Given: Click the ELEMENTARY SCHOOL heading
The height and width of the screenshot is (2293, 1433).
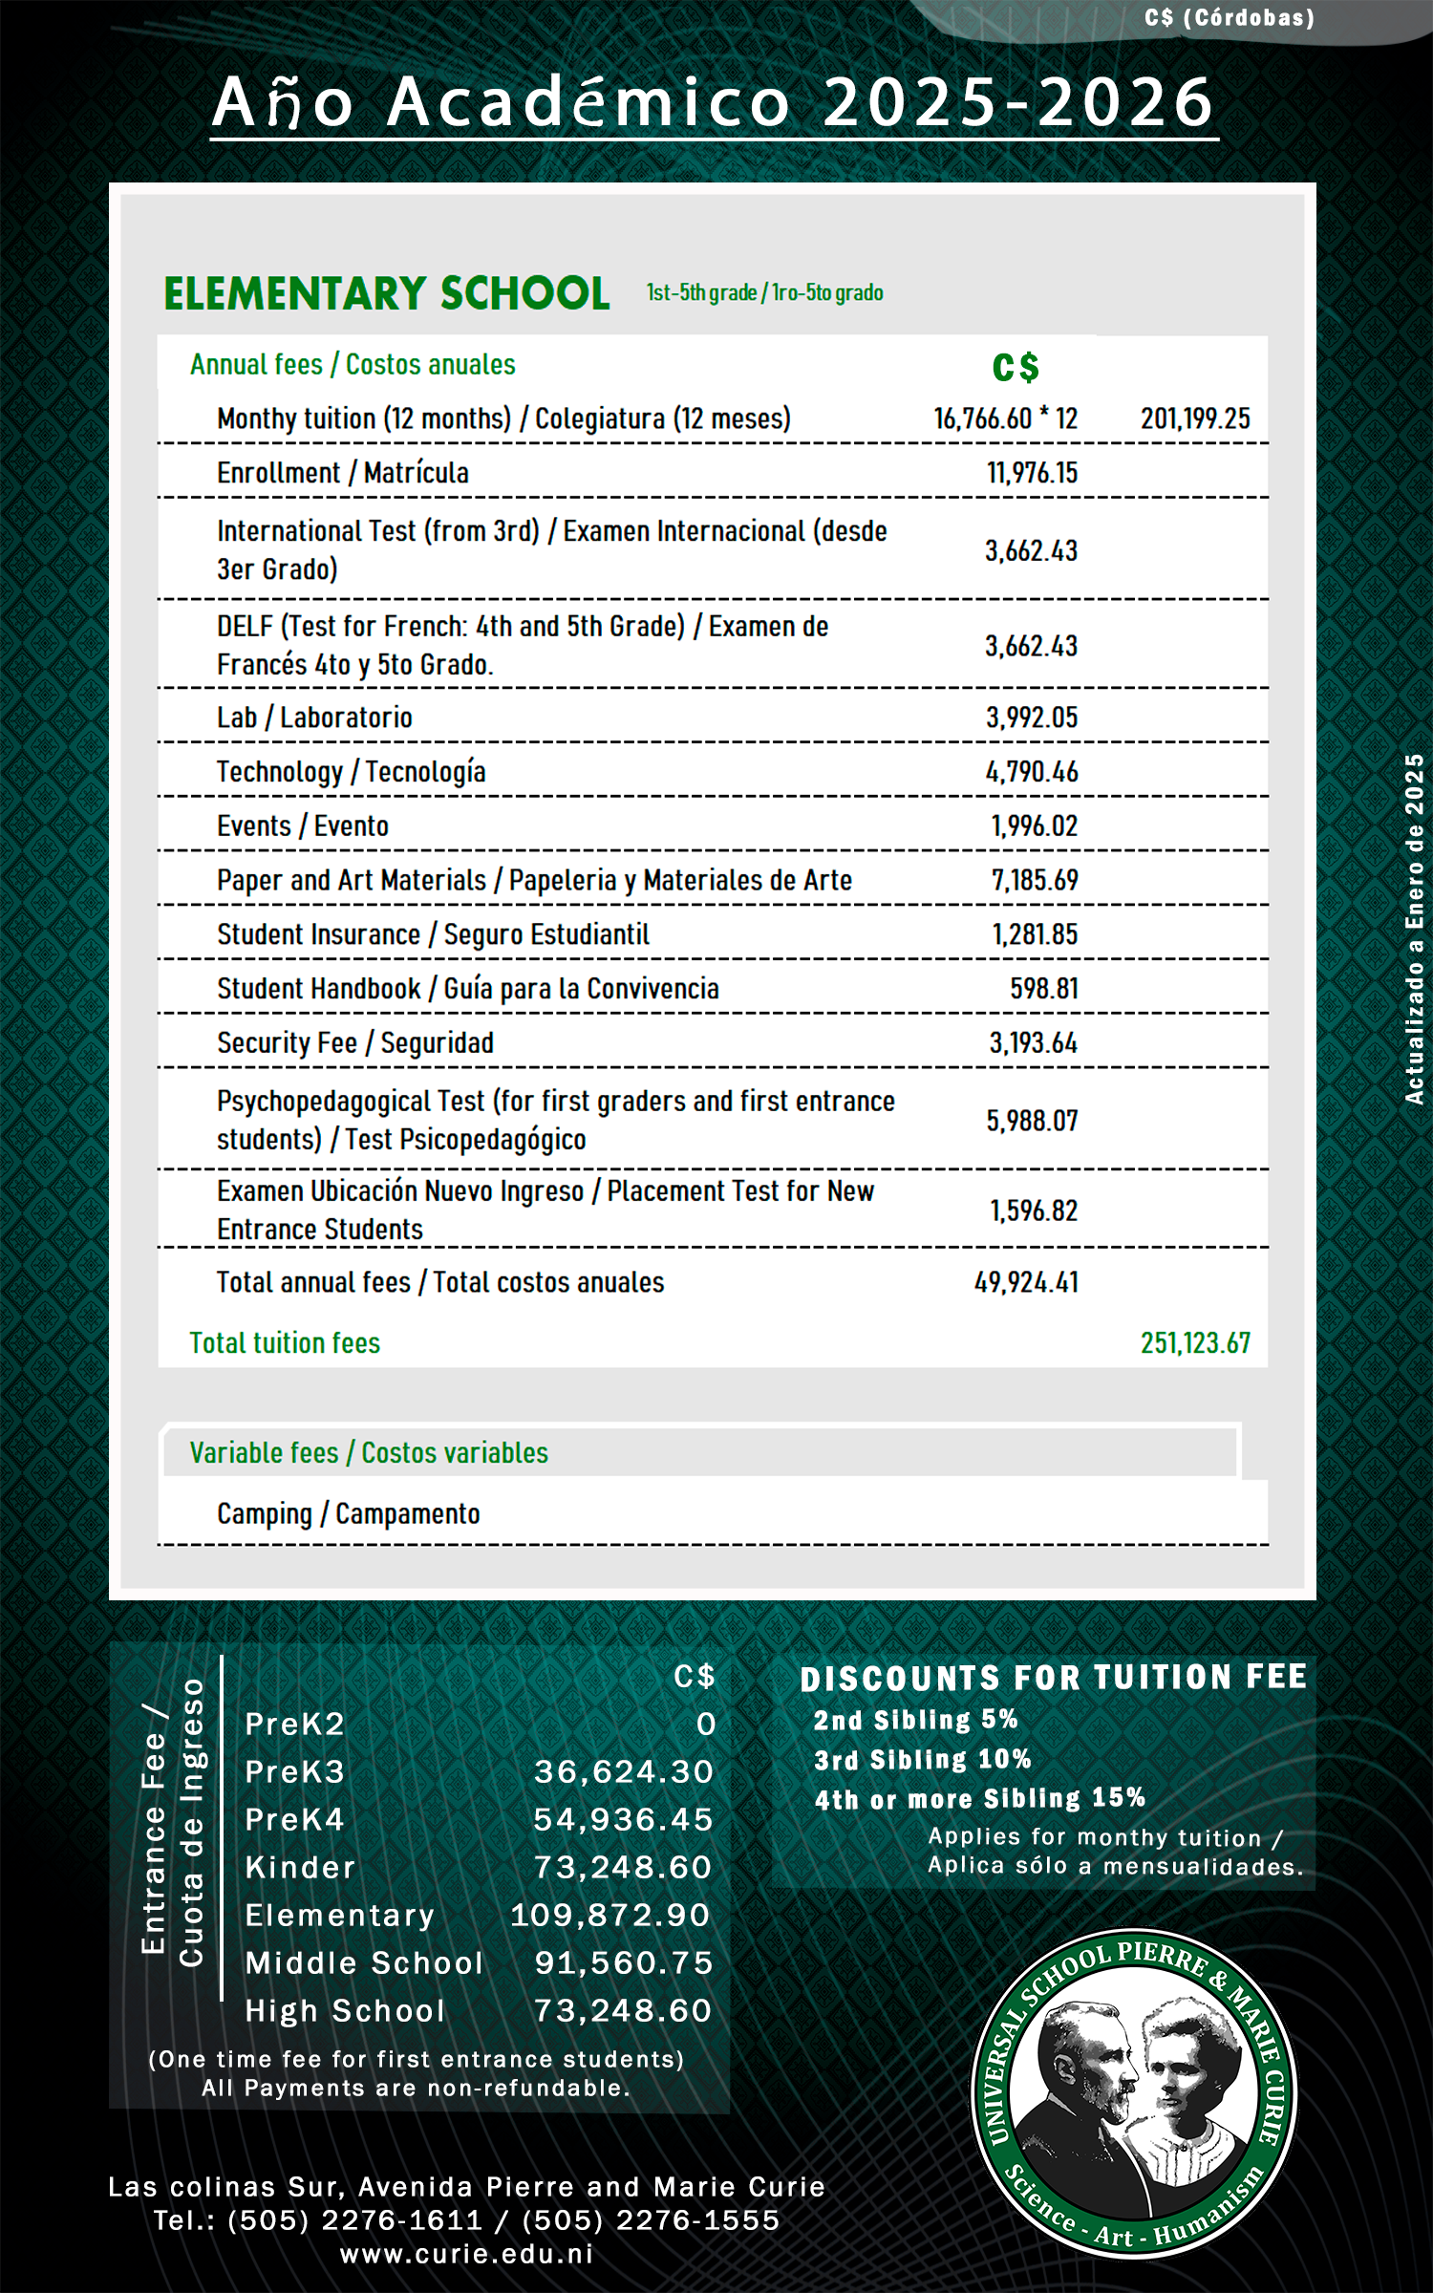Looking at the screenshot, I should coord(386,293).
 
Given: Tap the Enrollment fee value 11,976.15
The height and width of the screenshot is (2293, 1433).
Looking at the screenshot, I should coord(1032,473).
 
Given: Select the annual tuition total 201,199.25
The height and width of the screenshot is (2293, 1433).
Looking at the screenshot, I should coord(1195,418).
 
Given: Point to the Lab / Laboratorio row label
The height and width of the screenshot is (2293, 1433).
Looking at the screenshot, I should coord(314,718).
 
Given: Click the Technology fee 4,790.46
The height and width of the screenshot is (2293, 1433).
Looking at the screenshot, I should coord(1032,772).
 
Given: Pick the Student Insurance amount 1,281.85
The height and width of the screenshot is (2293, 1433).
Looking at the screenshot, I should coord(1035,934).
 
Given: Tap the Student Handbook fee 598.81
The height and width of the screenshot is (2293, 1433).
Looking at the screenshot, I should coord(1044,989).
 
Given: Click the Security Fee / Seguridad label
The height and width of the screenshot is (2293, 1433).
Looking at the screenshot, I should coord(355,1043).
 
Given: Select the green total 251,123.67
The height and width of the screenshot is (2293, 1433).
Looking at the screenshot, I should coord(1195,1343).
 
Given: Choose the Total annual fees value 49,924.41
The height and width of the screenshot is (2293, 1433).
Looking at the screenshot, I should coord(1026,1282).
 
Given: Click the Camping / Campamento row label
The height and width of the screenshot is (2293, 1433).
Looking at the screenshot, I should coord(349,1514).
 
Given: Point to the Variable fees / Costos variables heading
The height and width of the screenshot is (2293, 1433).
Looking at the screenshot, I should coord(369,1453).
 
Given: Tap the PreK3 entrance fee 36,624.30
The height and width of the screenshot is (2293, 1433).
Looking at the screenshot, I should coord(623,1772).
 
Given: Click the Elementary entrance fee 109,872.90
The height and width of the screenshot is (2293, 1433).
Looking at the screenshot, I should coord(610,1916).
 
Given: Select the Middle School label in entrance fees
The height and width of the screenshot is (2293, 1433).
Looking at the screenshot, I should coord(364,1963).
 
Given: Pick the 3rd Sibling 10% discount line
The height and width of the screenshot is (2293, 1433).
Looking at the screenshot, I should coord(922,1760).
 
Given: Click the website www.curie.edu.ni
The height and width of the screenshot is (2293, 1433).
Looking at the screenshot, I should coord(467,2255).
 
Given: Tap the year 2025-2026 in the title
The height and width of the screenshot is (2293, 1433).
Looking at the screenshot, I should coord(1018,102).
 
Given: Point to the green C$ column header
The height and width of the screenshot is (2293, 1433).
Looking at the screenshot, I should coord(1016,368).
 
